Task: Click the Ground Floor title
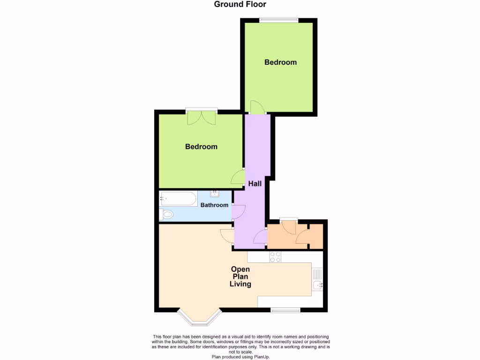240,5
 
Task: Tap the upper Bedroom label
280,62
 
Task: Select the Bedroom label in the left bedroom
201,147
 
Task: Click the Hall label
255,184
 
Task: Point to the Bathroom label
214,205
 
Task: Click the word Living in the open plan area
240,284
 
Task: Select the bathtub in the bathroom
178,199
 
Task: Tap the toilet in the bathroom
167,215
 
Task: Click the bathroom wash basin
215,194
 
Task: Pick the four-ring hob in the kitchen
275,257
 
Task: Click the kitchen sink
317,280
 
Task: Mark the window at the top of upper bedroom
279,20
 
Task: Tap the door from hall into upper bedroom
257,107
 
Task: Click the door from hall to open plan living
227,236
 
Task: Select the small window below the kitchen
285,310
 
